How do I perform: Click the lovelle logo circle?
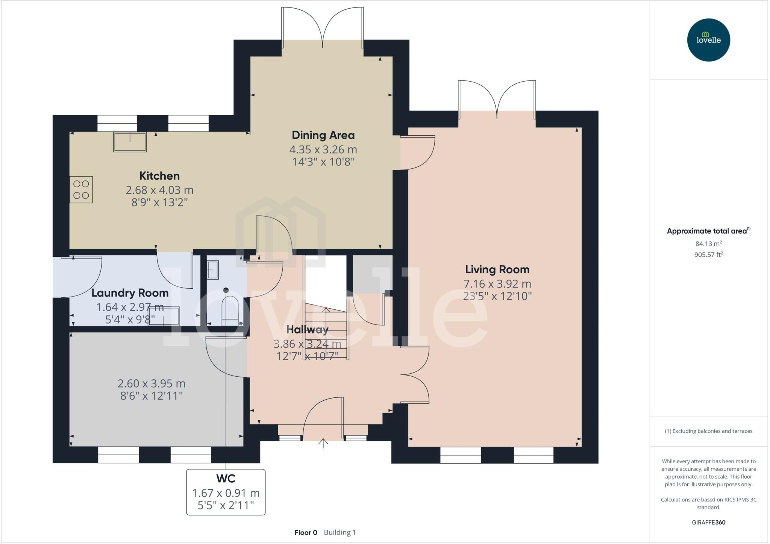click(x=708, y=40)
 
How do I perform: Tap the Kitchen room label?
click(x=159, y=176)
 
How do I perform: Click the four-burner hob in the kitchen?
click(x=81, y=190)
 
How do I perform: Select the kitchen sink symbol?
click(x=130, y=142)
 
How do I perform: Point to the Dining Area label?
click(x=323, y=135)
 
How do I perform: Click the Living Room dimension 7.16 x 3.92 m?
click(x=497, y=284)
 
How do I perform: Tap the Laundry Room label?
click(x=130, y=293)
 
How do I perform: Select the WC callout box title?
click(x=226, y=479)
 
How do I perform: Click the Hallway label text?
click(x=307, y=330)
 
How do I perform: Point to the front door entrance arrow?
click(x=323, y=443)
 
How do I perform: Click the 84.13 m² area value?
click(x=708, y=244)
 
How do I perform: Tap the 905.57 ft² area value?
click(x=708, y=255)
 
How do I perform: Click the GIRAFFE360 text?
click(x=708, y=522)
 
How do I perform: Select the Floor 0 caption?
click(x=306, y=532)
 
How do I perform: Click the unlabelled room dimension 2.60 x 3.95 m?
click(x=152, y=383)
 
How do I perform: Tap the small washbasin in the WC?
click(x=212, y=270)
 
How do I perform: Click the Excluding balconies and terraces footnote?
click(x=708, y=431)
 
